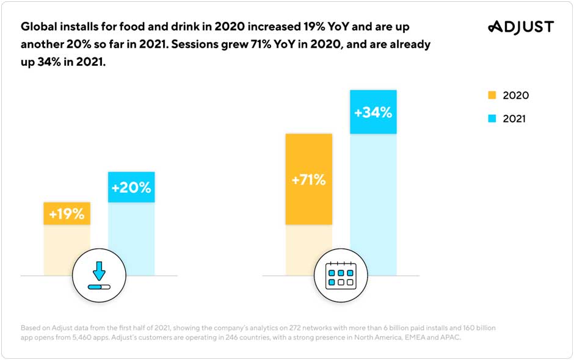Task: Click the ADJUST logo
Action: pos(521,27)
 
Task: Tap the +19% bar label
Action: pos(67,214)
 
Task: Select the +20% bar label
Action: pos(131,187)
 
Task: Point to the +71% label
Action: pos(308,180)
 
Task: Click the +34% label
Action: pos(373,112)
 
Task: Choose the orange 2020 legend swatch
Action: pos(493,95)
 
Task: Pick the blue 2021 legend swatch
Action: pos(493,118)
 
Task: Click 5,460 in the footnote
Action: pos(86,337)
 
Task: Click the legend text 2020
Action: pos(515,96)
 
